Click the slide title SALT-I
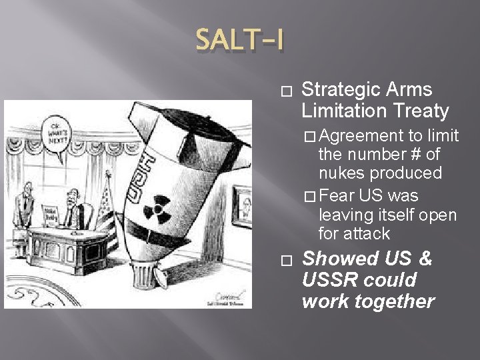239,41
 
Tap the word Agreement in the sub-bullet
357,136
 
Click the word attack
367,234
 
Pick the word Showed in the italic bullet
338,258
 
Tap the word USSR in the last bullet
326,279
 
